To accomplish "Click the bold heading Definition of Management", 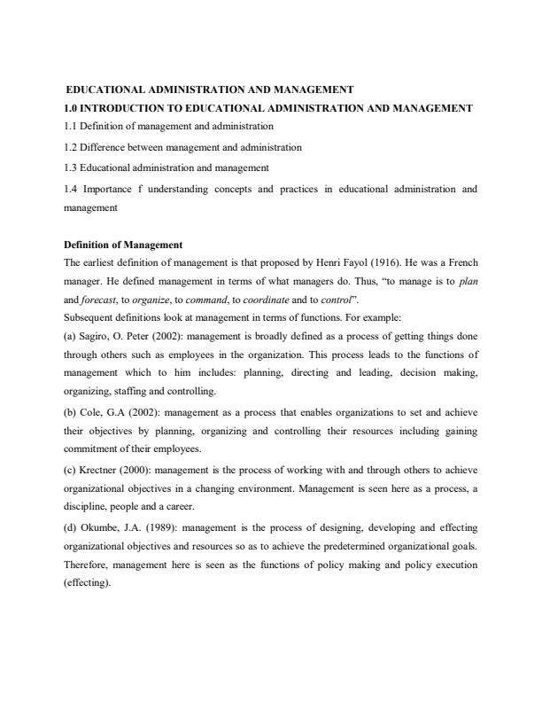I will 123,244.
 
